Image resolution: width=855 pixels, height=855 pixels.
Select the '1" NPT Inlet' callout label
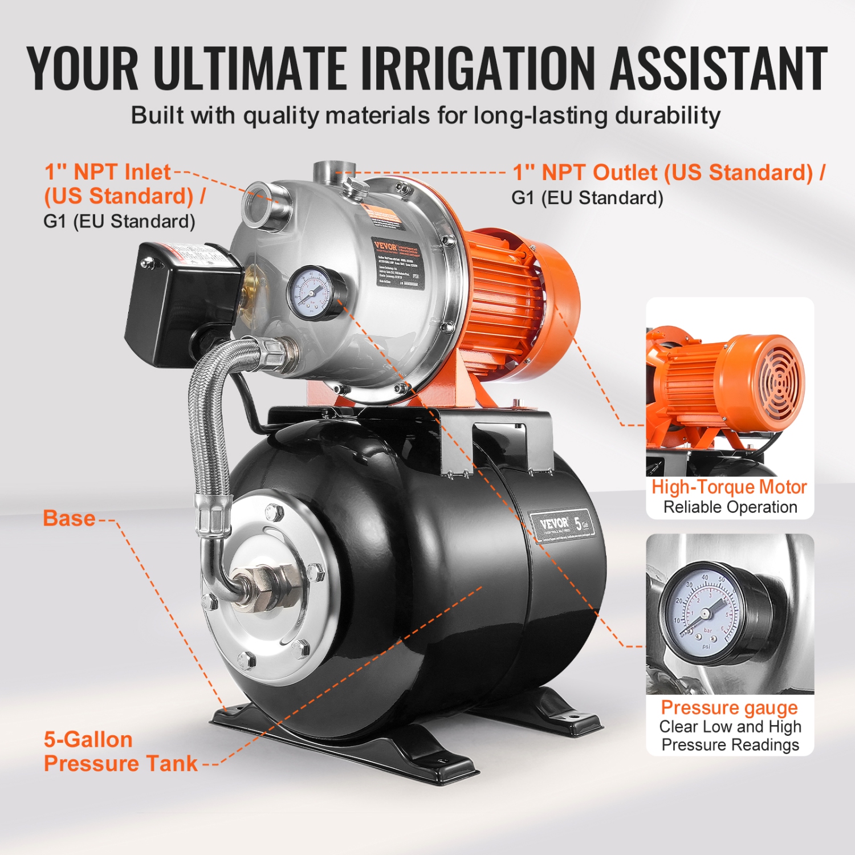click(x=108, y=172)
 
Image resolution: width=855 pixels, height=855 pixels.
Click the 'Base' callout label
click(x=69, y=519)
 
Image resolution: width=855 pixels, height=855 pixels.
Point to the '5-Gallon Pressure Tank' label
click(x=120, y=751)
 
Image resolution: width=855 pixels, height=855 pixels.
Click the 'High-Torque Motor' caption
click(x=729, y=487)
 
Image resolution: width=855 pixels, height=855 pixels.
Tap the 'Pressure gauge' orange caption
click(x=729, y=707)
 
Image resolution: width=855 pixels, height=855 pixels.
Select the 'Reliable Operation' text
click(x=730, y=507)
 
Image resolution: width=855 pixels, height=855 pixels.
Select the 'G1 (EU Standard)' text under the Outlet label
click(x=587, y=198)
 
